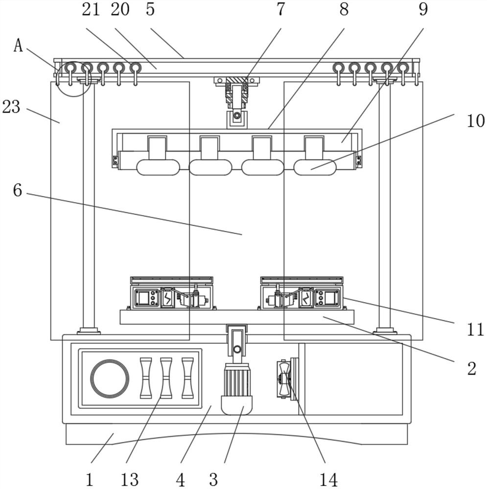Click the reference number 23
pyautogui.click(x=11, y=107)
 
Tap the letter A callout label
pyautogui.click(x=18, y=45)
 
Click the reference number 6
pyautogui.click(x=18, y=190)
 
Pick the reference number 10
pyautogui.click(x=475, y=120)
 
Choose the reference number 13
pyautogui.click(x=130, y=479)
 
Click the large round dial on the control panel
pyautogui.click(x=110, y=379)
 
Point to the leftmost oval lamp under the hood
pyautogui.click(x=157, y=167)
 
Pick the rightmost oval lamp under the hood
pyautogui.click(x=315, y=167)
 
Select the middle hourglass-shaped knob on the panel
pyautogui.click(x=166, y=378)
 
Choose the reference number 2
pyautogui.click(x=471, y=368)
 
